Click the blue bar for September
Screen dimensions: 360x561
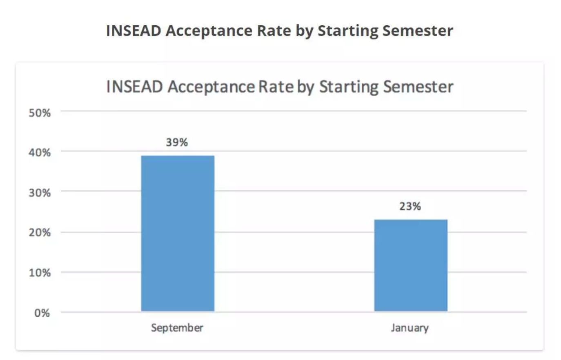click(178, 233)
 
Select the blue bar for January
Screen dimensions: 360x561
click(411, 265)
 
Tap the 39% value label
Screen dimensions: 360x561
click(177, 142)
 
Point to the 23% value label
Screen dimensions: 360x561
click(410, 207)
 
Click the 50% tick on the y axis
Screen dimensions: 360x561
click(40, 113)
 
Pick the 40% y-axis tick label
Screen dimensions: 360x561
click(40, 153)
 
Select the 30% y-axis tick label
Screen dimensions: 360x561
click(40, 193)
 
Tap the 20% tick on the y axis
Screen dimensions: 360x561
click(40, 233)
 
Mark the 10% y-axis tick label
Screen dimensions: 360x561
click(40, 273)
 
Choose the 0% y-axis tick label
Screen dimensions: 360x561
click(42, 313)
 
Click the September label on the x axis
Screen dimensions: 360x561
click(177, 328)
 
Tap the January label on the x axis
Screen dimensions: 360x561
click(410, 328)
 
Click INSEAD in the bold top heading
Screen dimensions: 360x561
click(134, 31)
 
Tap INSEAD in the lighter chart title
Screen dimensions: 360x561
click(134, 87)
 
